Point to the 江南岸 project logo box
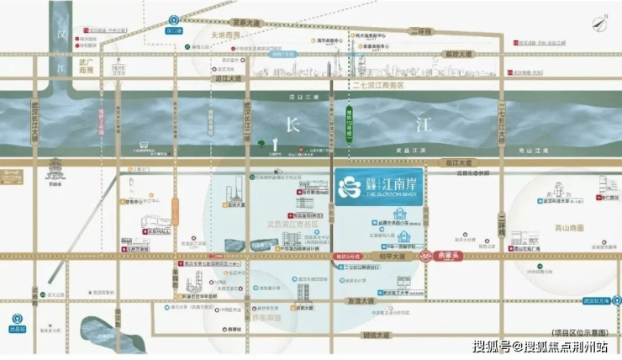click(379, 185)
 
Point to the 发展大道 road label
click(250, 24)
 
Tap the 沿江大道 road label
click(227, 78)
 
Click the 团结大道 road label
click(369, 336)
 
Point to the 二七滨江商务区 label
click(379, 86)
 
